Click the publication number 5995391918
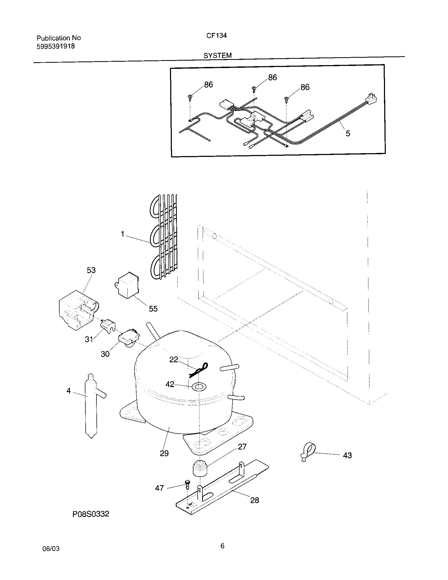pyautogui.click(x=55, y=46)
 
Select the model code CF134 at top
pyautogui.click(x=216, y=36)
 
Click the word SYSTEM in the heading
pyautogui.click(x=217, y=55)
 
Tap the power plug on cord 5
pyautogui.click(x=372, y=99)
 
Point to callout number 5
pyautogui.click(x=348, y=133)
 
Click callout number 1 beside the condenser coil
pyautogui.click(x=123, y=234)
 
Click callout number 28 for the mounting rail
pyautogui.click(x=254, y=500)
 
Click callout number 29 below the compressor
pyautogui.click(x=164, y=453)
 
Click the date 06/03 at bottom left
pyautogui.click(x=51, y=549)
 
